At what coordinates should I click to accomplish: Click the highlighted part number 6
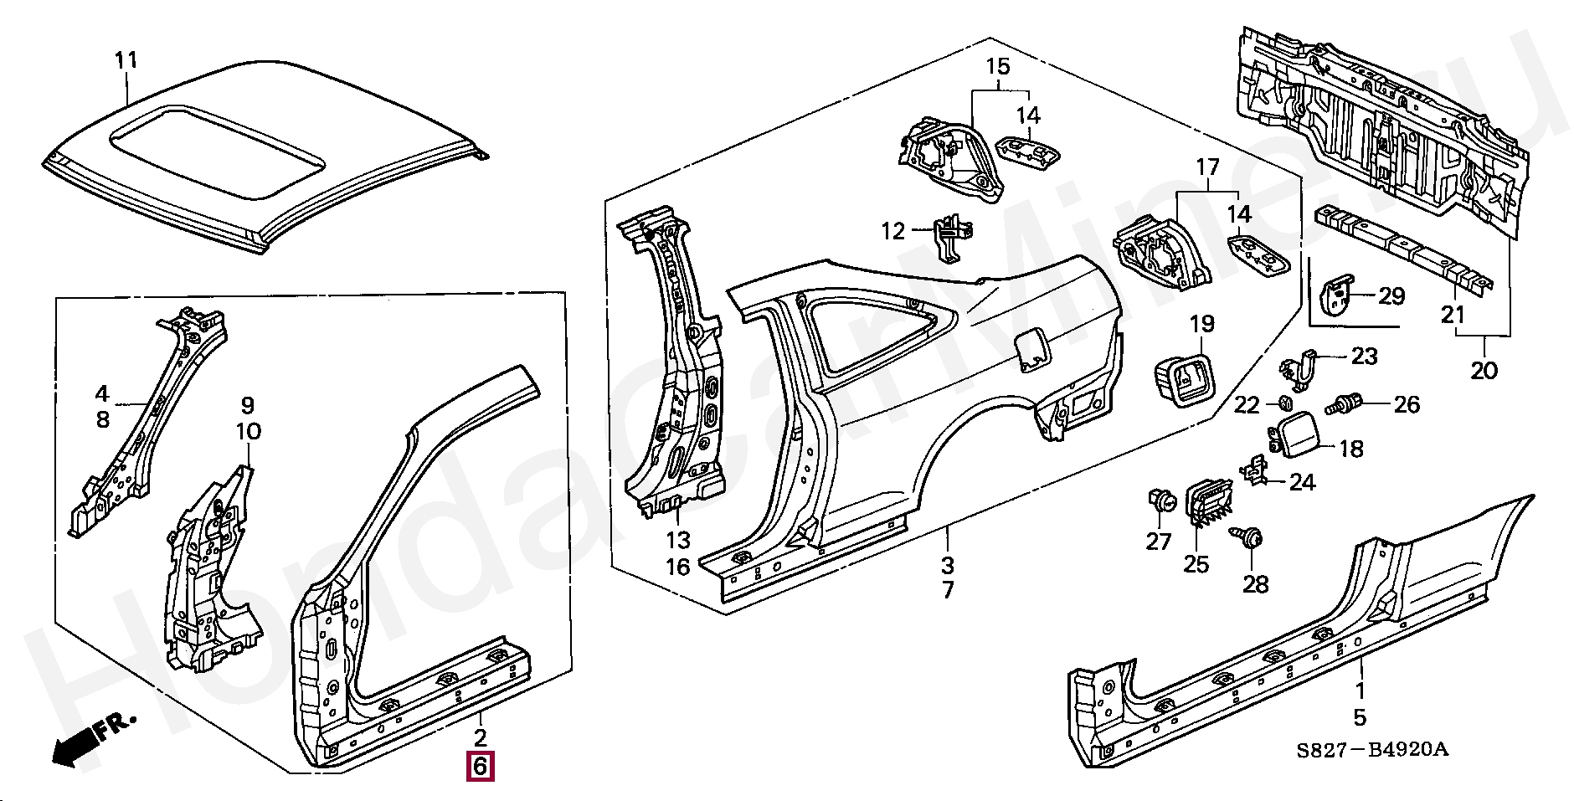[480, 766]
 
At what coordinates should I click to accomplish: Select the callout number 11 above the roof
[126, 60]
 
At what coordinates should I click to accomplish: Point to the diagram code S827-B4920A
[1372, 749]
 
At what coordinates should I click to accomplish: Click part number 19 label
[1201, 324]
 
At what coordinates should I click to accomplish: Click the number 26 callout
[1407, 405]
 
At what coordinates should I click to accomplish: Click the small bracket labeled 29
[1337, 295]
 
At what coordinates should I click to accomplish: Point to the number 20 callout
[1484, 369]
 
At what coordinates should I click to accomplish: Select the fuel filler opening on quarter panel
[1031, 350]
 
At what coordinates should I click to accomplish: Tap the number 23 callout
[1364, 357]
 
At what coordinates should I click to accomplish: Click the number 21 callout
[1452, 315]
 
